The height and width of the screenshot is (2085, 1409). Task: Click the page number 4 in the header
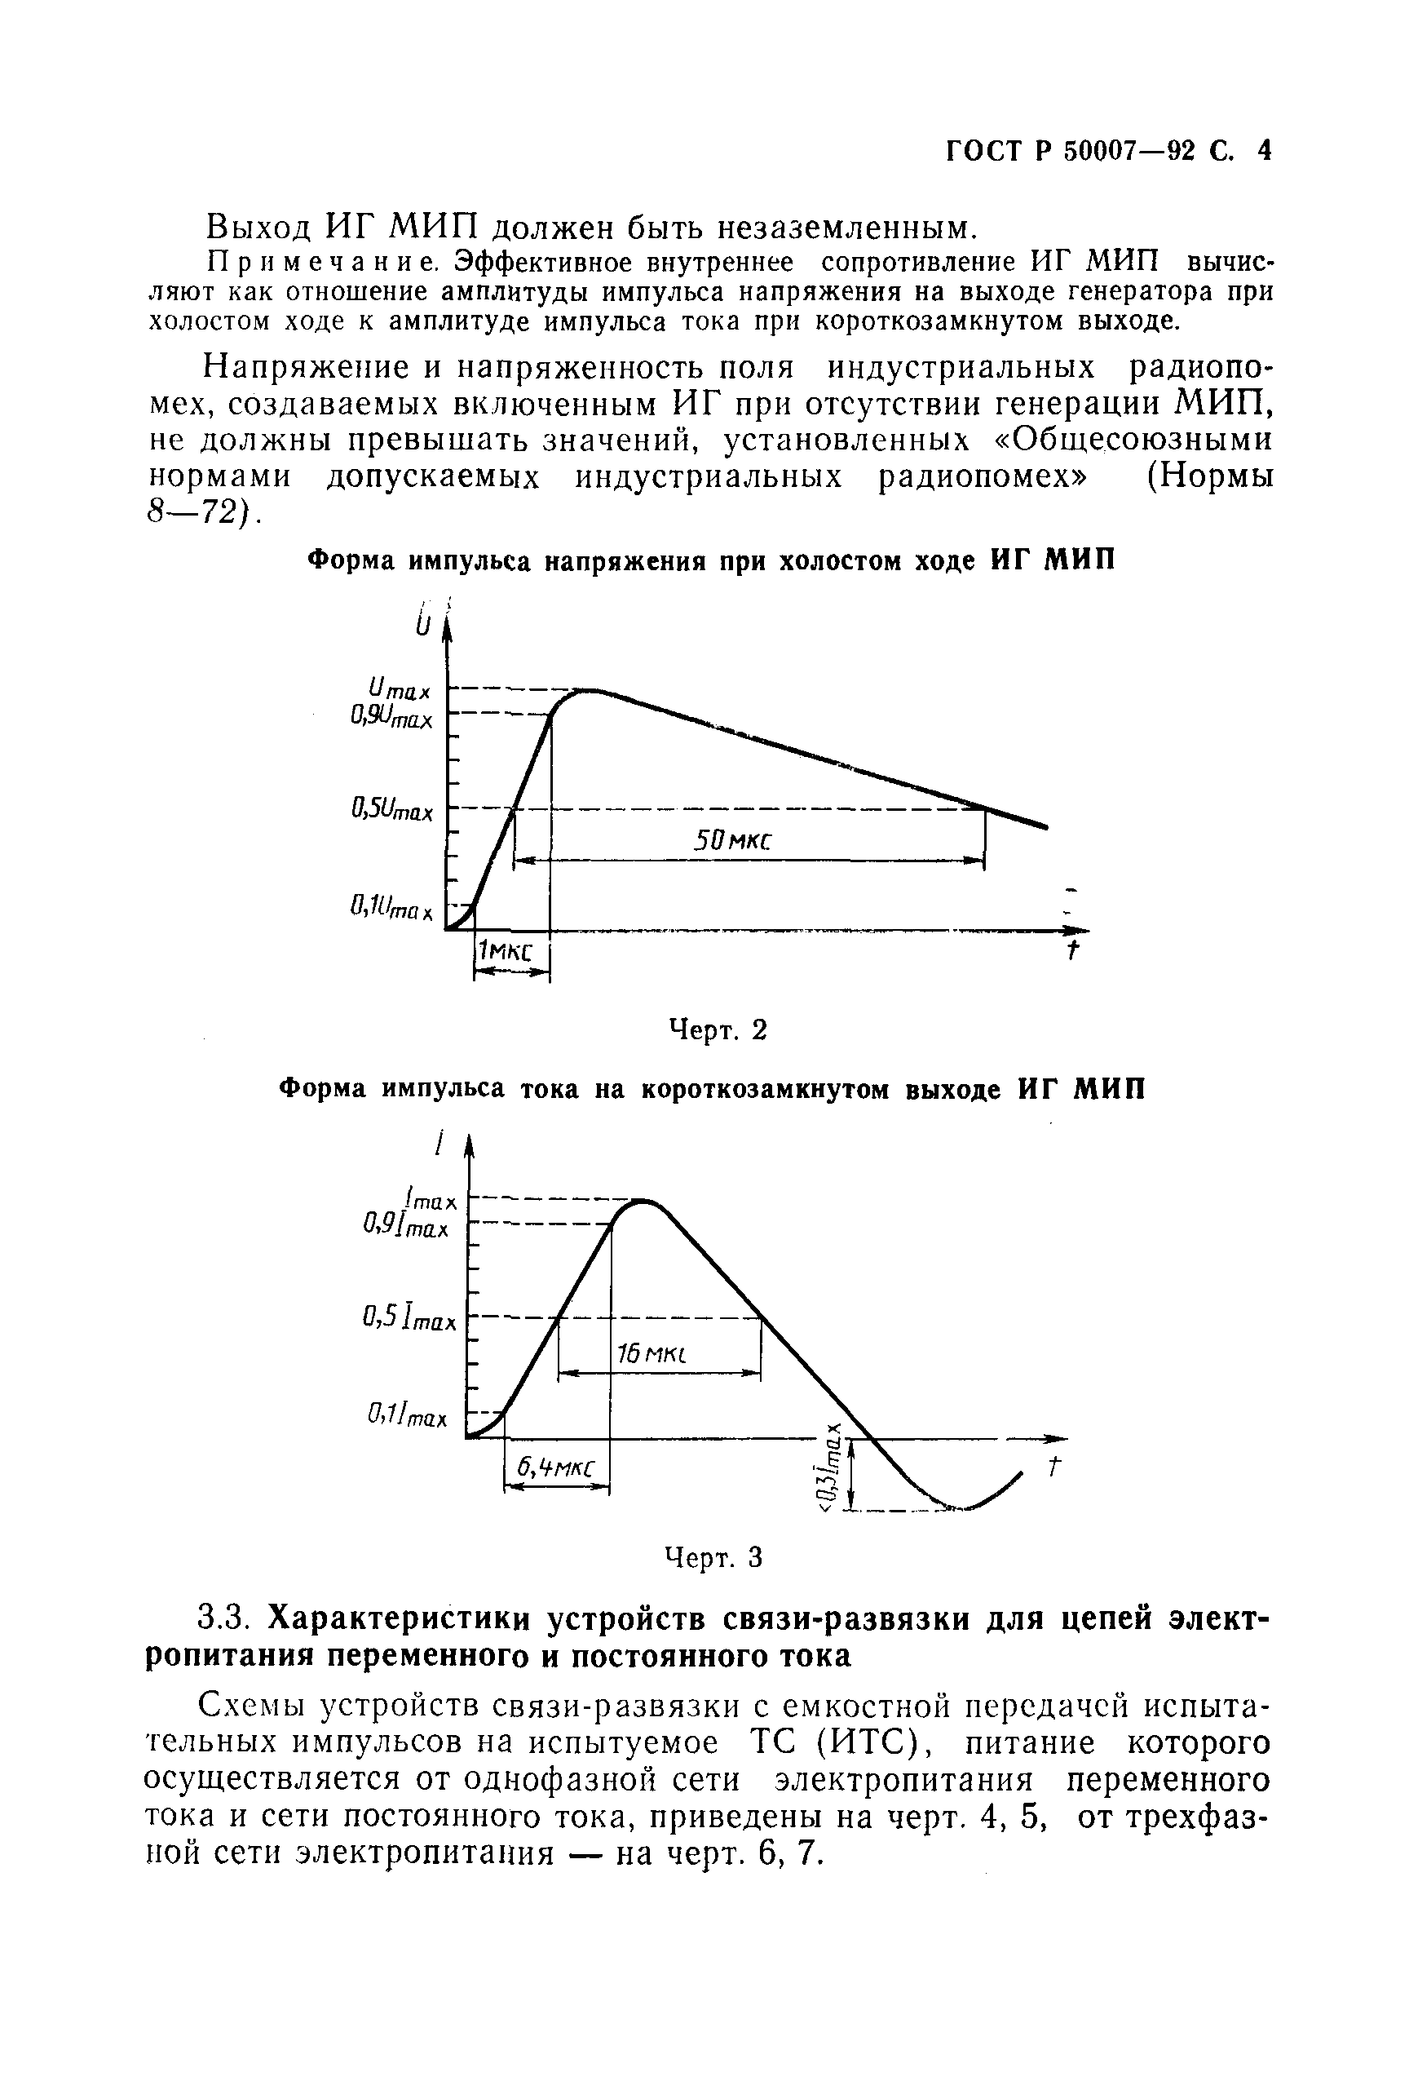click(x=1264, y=150)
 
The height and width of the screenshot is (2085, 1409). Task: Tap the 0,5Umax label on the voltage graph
click(x=393, y=811)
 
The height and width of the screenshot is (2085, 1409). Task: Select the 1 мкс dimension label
click(x=504, y=951)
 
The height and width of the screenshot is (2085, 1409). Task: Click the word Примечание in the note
click(x=321, y=263)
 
